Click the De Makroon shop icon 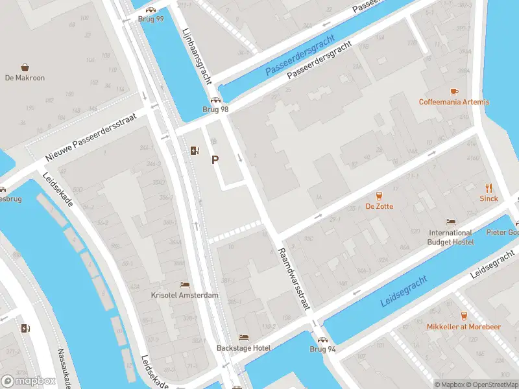click(25, 67)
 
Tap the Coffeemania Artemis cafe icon click(454, 91)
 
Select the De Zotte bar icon click(379, 196)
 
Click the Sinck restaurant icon click(489, 188)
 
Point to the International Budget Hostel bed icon click(450, 222)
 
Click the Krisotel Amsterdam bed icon click(185, 285)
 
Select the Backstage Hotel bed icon click(243, 338)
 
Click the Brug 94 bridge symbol click(322, 339)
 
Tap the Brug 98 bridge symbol click(215, 100)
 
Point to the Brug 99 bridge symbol click(151, 10)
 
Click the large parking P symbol click(215, 159)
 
